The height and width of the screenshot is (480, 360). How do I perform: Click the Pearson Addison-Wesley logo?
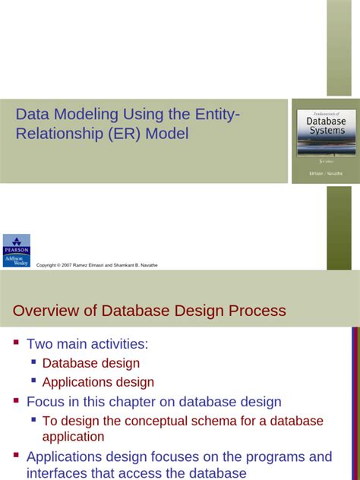(x=17, y=251)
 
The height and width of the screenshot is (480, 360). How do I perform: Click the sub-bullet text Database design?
(x=91, y=363)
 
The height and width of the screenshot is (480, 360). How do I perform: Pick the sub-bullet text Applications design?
(x=98, y=382)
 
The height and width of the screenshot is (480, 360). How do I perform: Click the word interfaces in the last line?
(x=58, y=472)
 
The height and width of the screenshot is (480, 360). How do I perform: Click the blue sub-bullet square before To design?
(x=33, y=419)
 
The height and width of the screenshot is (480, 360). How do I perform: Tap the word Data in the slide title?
(x=32, y=115)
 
